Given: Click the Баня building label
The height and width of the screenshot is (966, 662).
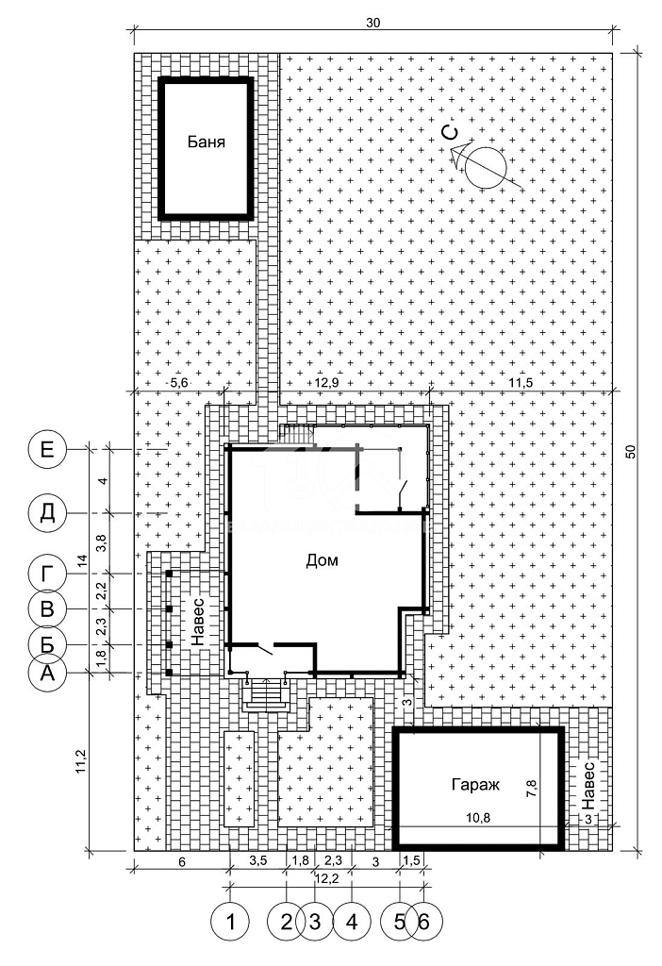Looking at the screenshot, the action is tap(207, 142).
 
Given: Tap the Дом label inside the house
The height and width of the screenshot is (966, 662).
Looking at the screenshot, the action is tap(323, 560).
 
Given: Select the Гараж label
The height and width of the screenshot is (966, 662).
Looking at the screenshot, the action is tap(475, 785).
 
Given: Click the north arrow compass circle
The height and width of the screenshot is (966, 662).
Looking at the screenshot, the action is tap(486, 168).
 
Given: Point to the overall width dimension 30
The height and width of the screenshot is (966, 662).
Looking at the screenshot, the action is tap(373, 23).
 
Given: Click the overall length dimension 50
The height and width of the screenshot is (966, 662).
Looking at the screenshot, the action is tap(629, 451).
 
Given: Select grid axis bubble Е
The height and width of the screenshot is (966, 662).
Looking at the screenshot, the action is tap(47, 449).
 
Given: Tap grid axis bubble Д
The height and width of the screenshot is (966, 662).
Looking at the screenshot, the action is tap(47, 512).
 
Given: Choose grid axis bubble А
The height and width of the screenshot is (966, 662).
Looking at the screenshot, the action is tap(47, 674).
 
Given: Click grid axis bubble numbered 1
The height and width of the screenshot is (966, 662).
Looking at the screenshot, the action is tap(230, 923).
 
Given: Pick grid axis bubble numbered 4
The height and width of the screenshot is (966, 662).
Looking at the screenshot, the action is tap(352, 923).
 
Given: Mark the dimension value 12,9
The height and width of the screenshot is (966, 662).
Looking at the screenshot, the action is tap(326, 383).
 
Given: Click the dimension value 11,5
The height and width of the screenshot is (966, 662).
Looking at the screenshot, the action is tap(521, 383).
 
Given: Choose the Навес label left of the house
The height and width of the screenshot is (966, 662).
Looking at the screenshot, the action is tap(198, 621).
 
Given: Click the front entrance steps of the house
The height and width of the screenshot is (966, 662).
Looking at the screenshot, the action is tap(267, 694).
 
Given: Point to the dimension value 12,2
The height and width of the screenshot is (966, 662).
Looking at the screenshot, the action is tap(326, 879).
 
